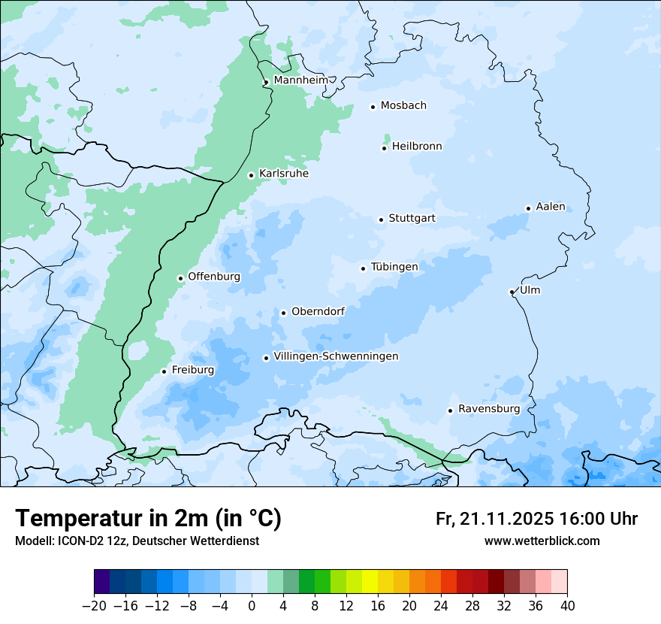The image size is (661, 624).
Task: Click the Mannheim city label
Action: click(300, 80)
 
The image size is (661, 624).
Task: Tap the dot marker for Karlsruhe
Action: click(252, 175)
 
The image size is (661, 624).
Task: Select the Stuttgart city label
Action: click(412, 219)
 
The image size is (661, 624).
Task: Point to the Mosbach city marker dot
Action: click(373, 107)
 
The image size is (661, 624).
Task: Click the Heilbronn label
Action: click(417, 147)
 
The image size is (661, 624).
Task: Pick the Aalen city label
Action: click(551, 207)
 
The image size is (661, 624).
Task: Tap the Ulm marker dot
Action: click(512, 292)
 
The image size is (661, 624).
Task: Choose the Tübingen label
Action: click(394, 267)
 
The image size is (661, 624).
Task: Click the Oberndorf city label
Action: click(318, 311)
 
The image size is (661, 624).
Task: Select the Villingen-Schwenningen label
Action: click(336, 356)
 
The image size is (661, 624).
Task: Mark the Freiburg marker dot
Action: click(164, 371)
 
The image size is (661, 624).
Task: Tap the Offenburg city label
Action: click(214, 277)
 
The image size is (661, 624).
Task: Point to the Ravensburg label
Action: click(489, 409)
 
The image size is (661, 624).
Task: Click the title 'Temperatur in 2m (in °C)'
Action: click(148, 519)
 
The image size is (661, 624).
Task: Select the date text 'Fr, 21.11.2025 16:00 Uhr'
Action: click(536, 519)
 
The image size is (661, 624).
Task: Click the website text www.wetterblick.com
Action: click(542, 541)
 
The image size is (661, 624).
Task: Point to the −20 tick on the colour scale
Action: click(94, 606)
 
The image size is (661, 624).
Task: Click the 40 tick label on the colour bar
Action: click(567, 606)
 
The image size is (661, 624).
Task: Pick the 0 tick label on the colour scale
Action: click(252, 606)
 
